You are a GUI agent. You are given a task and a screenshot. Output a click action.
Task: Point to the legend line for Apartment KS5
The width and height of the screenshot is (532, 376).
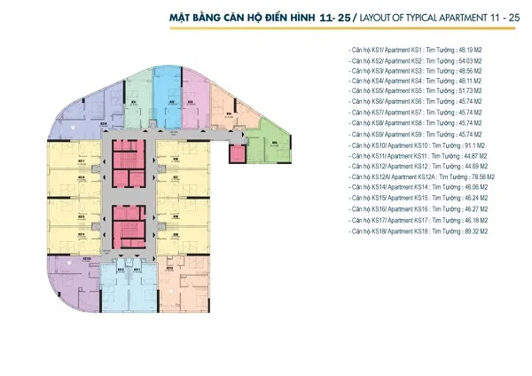coord(417,90)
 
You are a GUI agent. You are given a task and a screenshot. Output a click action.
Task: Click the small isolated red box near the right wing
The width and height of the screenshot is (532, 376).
coord(238,153)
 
